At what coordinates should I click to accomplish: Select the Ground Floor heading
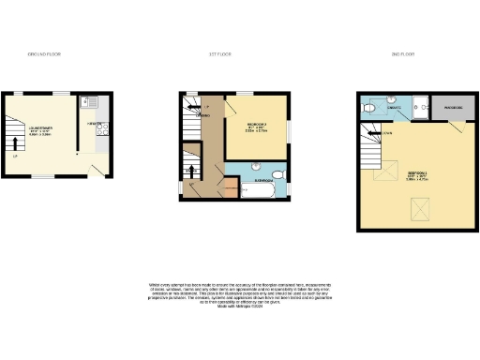tap(44, 56)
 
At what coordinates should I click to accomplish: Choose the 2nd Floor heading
tap(403, 56)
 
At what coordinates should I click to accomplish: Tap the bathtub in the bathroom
tap(258, 190)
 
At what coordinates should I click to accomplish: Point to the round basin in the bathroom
tap(254, 166)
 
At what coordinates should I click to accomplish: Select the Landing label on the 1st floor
tap(203, 116)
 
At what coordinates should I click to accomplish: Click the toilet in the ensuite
tap(373, 110)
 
